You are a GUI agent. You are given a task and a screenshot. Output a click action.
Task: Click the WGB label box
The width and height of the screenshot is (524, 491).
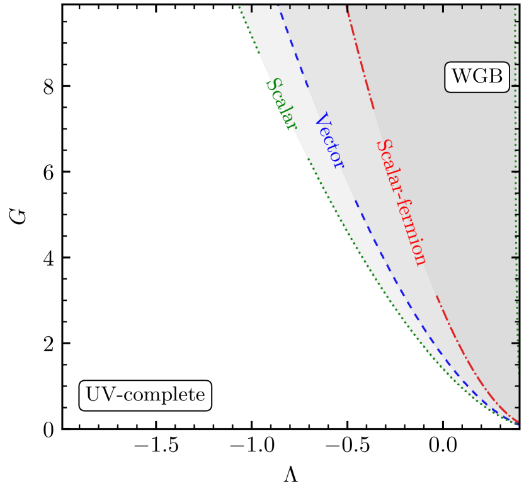(477, 77)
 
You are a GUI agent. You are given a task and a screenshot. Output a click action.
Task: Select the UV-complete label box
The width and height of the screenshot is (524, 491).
(145, 395)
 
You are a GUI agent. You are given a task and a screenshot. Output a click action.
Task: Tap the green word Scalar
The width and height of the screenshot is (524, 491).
(281, 104)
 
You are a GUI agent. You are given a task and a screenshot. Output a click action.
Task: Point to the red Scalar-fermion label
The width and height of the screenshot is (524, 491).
(401, 201)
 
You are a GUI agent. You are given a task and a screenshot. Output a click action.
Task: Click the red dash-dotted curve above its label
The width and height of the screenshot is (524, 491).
(361, 63)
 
